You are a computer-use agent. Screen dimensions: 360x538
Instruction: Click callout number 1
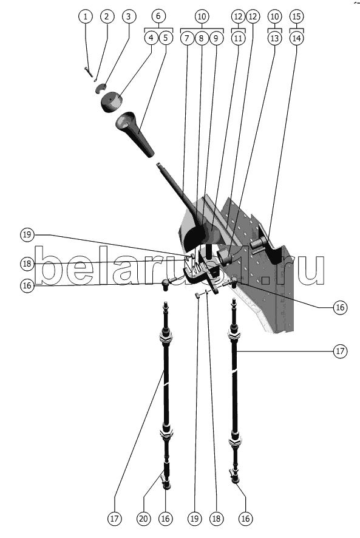coord(85,16)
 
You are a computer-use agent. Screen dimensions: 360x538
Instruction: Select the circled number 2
coord(107,16)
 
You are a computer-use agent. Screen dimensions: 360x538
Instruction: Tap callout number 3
coord(129,16)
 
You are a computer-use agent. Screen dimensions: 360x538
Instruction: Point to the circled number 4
coord(151,38)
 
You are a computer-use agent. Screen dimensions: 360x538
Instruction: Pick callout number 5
coord(165,38)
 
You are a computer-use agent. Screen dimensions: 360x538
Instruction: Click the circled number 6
coord(158,16)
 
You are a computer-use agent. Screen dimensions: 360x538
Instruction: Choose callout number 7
coord(187,38)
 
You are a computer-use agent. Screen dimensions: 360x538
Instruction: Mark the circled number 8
coord(202,38)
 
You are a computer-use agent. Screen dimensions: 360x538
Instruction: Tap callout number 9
coord(216,38)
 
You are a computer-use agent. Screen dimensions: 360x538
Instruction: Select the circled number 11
coord(238,38)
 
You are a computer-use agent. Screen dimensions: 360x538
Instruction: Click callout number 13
coord(274,38)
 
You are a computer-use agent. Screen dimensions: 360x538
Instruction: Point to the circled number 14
coord(296,38)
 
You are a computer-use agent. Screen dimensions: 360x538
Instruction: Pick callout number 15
coord(296,16)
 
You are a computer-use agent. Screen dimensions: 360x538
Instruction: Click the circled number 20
coord(143,519)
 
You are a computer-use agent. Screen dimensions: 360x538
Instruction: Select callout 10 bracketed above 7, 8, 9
coord(202,16)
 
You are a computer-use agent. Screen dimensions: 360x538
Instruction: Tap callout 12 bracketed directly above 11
coord(238,16)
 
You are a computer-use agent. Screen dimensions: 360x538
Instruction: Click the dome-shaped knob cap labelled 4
coord(111,102)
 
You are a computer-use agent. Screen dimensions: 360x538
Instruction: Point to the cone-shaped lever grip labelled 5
coord(135,134)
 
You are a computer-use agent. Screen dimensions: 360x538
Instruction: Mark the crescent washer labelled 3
coord(101,89)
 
